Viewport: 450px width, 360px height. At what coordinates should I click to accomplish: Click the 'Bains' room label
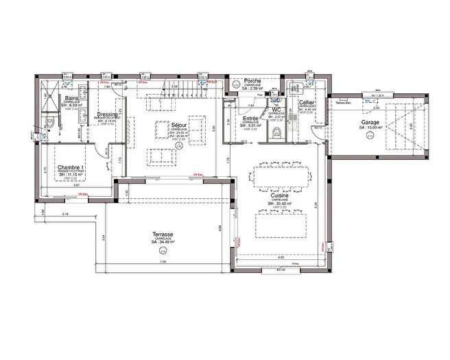coord(71,99)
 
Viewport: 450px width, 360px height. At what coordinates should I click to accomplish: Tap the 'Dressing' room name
coord(108,115)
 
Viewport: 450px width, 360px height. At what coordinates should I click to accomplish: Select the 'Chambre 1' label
coord(71,168)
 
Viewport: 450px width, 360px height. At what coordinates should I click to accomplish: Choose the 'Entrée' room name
coord(250,119)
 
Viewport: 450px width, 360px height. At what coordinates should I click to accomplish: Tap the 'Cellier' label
coord(307,102)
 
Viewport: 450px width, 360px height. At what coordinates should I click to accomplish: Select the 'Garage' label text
coord(352,123)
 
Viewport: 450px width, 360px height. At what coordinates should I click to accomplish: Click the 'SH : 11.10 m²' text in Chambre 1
coord(71,176)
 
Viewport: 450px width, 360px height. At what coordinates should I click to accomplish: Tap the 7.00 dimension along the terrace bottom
coord(163,263)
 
